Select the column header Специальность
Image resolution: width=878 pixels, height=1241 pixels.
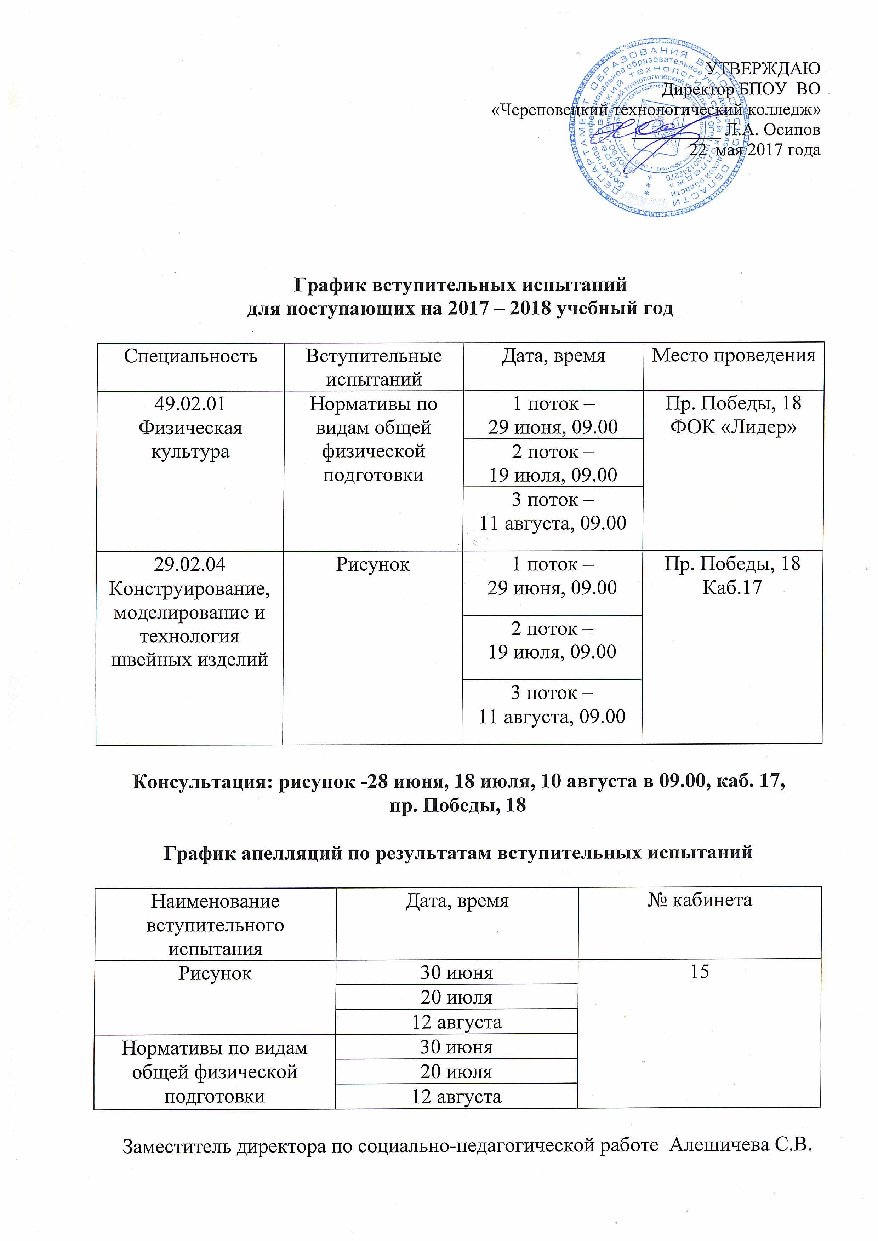click(x=190, y=356)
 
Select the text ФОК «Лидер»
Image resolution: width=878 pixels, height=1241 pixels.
click(x=734, y=427)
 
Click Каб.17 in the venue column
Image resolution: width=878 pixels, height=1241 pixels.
click(x=732, y=587)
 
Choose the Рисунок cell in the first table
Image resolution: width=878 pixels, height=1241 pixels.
click(x=372, y=564)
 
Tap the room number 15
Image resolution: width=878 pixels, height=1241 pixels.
click(x=700, y=972)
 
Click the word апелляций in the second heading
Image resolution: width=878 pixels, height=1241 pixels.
click(x=292, y=852)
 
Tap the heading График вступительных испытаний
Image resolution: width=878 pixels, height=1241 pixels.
click(x=460, y=284)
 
